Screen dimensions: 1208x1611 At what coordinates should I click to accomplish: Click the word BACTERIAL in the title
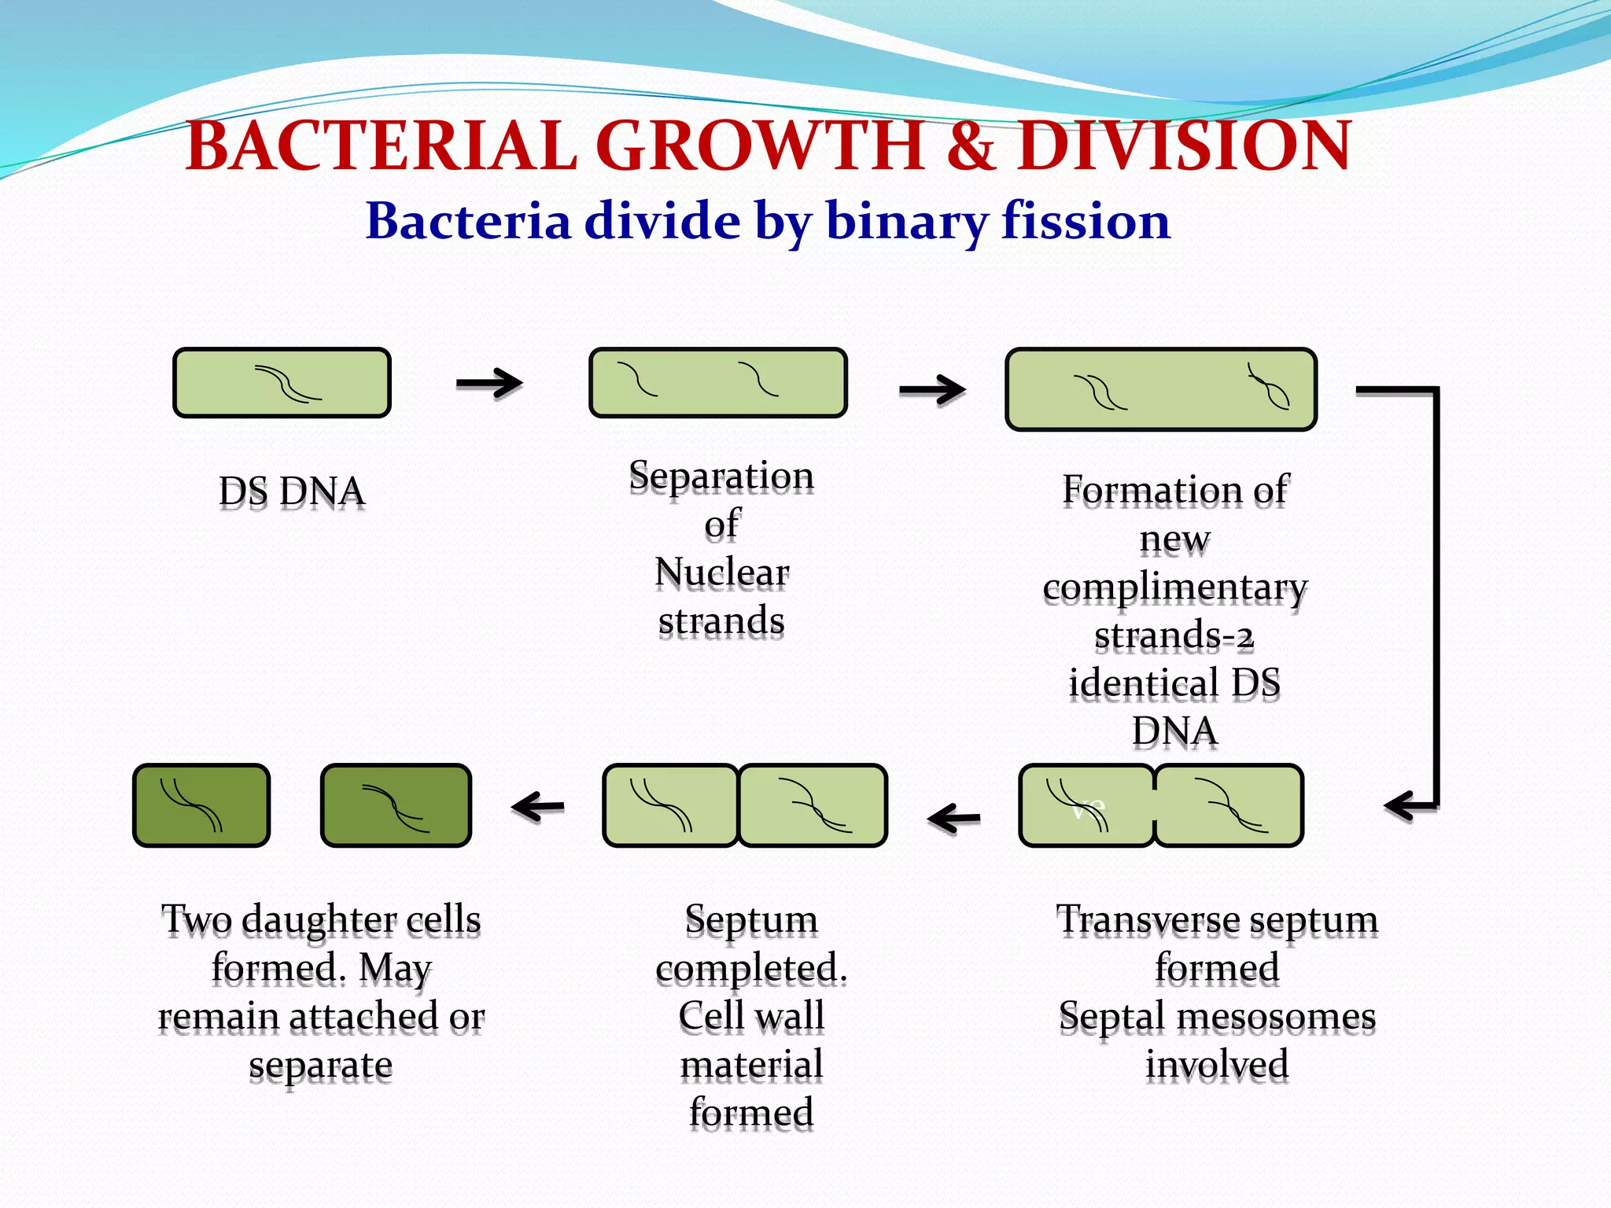(x=382, y=146)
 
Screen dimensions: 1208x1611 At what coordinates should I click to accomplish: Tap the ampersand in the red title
(x=971, y=146)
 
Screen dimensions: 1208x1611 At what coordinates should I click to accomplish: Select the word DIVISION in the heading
(x=1184, y=146)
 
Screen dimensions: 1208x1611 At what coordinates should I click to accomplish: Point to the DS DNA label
(x=291, y=492)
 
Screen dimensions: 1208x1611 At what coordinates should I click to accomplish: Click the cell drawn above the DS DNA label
(x=282, y=383)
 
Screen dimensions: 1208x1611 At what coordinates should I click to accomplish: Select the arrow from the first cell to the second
(x=489, y=383)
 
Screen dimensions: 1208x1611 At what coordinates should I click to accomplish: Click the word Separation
(x=721, y=477)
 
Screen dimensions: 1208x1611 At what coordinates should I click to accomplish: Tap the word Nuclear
(x=721, y=573)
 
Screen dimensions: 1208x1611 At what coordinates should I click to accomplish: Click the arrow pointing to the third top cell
(x=932, y=389)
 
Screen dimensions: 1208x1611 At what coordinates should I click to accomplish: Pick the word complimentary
(x=1174, y=588)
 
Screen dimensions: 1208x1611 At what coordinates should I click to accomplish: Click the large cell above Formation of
(x=1161, y=389)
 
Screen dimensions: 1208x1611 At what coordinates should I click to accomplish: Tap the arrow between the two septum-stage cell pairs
(x=953, y=819)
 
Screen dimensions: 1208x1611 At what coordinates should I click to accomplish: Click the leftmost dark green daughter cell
(x=201, y=805)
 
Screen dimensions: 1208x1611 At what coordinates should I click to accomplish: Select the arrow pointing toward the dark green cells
(x=538, y=806)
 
